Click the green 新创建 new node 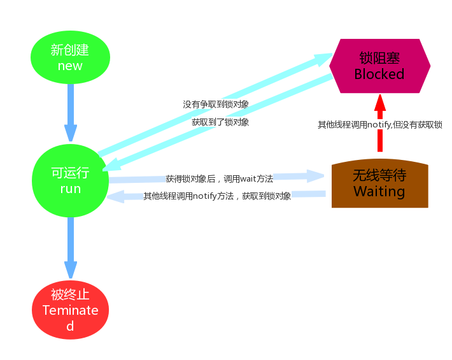70,57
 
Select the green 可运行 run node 70,180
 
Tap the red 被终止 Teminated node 70,310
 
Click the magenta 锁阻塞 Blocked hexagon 379,66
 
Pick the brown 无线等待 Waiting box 379,184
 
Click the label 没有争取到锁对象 216,104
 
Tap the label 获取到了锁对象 220,122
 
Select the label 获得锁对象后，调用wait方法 219,179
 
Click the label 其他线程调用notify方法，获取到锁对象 217,196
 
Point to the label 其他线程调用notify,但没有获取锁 380,125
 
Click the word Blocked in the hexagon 379,74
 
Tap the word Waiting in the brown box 379,191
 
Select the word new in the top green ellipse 70,66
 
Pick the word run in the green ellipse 70,189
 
